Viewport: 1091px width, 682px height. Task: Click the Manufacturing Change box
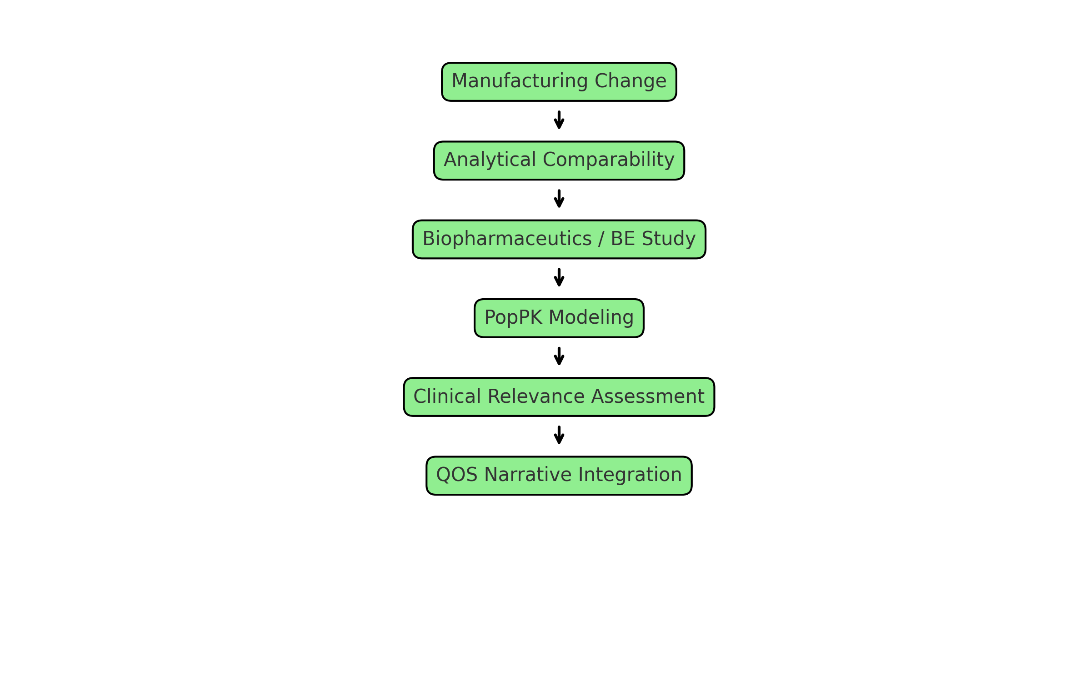[x=559, y=82]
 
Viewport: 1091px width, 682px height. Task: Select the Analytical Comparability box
[x=559, y=160]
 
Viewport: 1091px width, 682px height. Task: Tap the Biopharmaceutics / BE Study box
[x=559, y=239]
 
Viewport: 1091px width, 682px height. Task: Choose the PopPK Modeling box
[x=559, y=318]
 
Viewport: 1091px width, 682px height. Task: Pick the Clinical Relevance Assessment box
[x=559, y=396]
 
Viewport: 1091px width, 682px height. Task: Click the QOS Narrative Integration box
[x=559, y=476]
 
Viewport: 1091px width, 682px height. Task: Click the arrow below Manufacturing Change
[x=559, y=120]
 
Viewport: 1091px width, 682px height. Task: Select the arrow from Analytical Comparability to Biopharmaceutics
[x=559, y=199]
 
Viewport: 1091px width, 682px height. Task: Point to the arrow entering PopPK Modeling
[x=559, y=277]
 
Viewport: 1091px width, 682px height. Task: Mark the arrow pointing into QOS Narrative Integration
[x=559, y=435]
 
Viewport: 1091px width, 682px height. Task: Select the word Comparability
[x=608, y=160]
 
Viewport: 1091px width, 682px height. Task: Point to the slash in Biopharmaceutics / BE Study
[x=601, y=239]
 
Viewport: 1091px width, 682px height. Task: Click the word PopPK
[x=513, y=317]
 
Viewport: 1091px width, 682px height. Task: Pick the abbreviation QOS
[x=456, y=475]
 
